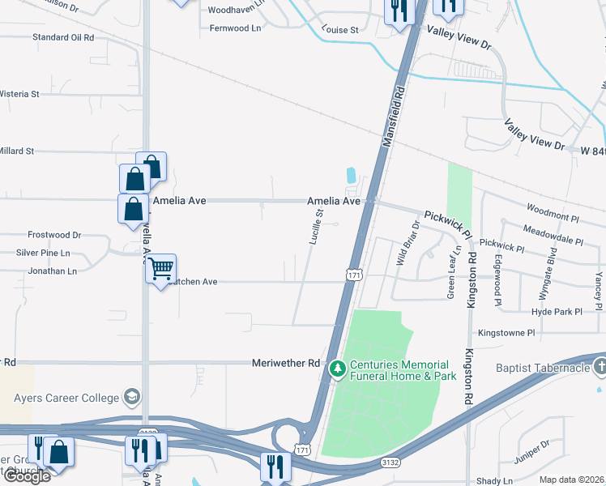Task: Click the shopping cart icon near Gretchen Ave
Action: tap(161, 267)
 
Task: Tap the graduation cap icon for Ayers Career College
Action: tap(131, 397)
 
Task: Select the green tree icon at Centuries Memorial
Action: tap(337, 369)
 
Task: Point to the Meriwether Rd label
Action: tap(286, 363)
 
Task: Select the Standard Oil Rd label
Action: tap(63, 37)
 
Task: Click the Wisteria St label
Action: tap(19, 94)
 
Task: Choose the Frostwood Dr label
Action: tap(54, 235)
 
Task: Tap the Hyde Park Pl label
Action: tap(557, 312)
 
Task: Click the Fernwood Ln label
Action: tap(235, 28)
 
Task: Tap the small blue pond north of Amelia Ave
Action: tap(351, 174)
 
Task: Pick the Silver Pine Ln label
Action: tap(43, 253)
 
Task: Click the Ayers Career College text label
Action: tap(66, 398)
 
